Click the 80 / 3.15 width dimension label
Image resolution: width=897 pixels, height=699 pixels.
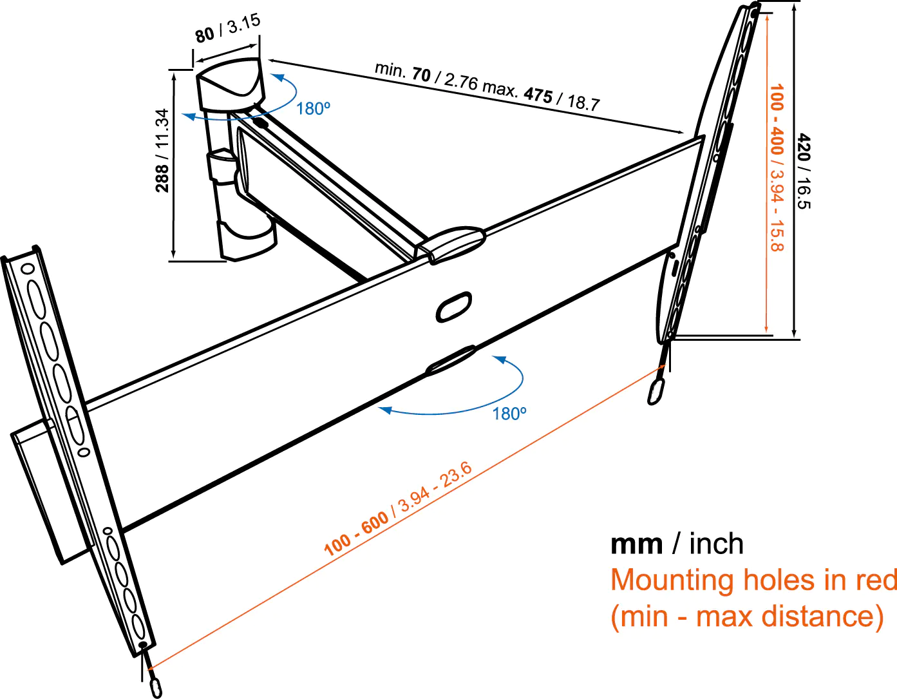point(228,28)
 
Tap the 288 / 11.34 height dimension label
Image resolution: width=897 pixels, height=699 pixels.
point(163,150)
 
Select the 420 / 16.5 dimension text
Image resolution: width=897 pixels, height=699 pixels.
point(804,171)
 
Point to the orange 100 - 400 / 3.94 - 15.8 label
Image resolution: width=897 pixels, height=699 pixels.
point(777,168)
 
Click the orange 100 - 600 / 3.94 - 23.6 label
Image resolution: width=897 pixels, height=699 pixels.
point(397,510)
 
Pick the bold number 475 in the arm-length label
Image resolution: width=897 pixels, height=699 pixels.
point(538,95)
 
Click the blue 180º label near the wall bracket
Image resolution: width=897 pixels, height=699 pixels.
point(314,109)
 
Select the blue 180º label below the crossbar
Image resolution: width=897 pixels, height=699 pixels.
point(509,414)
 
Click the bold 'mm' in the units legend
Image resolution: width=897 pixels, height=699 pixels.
point(636,544)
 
